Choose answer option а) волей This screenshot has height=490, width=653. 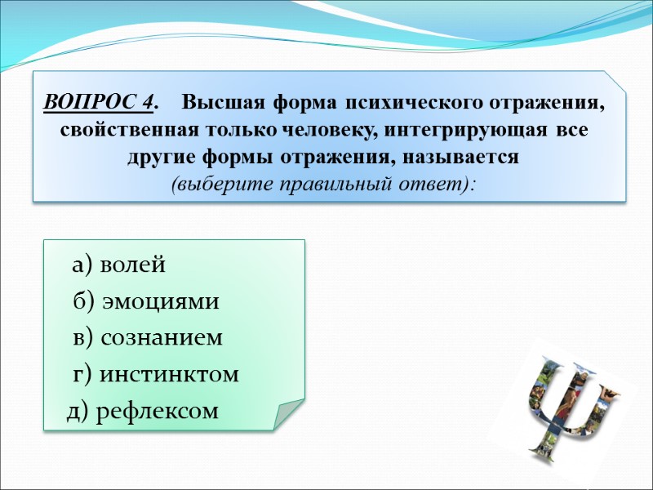click(x=119, y=265)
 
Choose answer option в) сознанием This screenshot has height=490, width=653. click(x=148, y=337)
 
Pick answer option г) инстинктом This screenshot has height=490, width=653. click(x=156, y=374)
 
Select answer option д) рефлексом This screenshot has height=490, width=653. click(x=143, y=411)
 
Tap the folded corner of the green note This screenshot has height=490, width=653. click(x=290, y=412)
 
